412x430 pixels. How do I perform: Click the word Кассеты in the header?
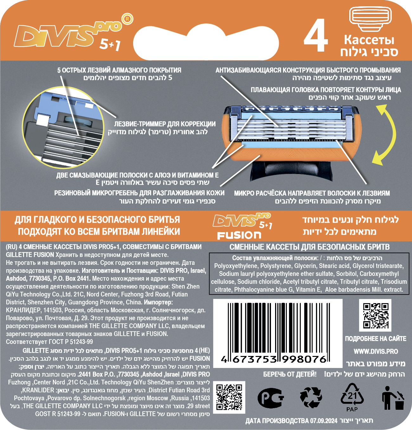(369, 40)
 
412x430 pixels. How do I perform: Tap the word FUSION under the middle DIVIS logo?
(239, 235)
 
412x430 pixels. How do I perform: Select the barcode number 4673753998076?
(274, 359)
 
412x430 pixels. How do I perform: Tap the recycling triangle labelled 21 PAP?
(352, 398)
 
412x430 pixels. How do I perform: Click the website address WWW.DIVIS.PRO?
(376, 351)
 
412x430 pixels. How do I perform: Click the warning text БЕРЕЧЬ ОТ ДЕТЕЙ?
(290, 374)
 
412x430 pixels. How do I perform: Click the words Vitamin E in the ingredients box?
(309, 290)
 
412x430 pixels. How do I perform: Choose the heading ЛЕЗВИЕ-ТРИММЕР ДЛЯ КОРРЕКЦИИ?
(164, 124)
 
